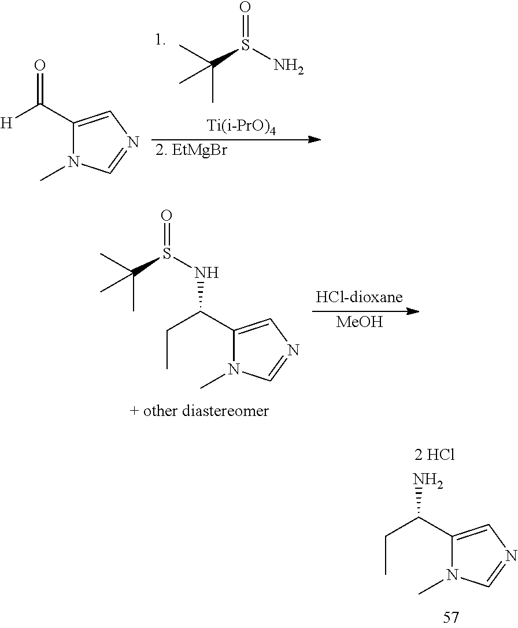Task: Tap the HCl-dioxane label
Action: point(359,298)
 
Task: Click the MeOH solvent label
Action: point(359,322)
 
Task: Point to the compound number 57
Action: point(450,617)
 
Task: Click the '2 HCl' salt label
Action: point(435,455)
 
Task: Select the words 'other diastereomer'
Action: point(206,411)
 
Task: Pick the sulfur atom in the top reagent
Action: point(245,44)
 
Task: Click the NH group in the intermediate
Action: point(206,272)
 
